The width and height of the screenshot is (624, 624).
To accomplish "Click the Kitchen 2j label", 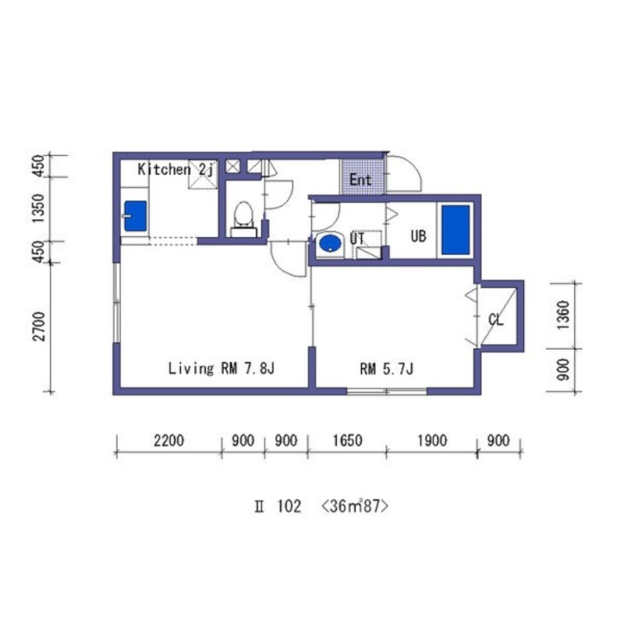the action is pyautogui.click(x=177, y=169).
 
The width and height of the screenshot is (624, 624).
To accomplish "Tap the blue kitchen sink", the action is pyautogui.click(x=135, y=216).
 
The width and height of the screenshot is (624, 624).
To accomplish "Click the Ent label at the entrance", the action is pyautogui.click(x=360, y=180).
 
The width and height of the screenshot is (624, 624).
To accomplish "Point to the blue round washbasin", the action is pyautogui.click(x=330, y=243).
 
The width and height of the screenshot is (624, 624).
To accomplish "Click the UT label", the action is pyautogui.click(x=357, y=239).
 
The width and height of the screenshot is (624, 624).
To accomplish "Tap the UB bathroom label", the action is pyautogui.click(x=418, y=236).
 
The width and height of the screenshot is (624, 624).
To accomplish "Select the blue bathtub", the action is pyautogui.click(x=456, y=229).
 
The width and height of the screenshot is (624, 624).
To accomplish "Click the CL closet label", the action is pyautogui.click(x=496, y=320).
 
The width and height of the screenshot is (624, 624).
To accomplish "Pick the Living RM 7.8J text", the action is pyautogui.click(x=222, y=368).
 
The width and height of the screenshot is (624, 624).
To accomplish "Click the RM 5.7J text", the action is pyautogui.click(x=386, y=369).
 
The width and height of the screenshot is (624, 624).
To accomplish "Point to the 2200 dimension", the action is pyautogui.click(x=169, y=441).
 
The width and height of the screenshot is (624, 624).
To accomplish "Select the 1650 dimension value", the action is pyautogui.click(x=347, y=441).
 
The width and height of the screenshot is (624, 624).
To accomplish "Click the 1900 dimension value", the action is pyautogui.click(x=432, y=441).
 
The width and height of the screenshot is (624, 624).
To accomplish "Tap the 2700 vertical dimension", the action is pyautogui.click(x=39, y=326).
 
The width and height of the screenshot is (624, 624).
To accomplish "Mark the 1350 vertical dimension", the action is pyautogui.click(x=39, y=208).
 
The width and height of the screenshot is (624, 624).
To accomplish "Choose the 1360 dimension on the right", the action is pyautogui.click(x=563, y=315).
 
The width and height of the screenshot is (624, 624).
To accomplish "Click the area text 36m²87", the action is pyautogui.click(x=354, y=506).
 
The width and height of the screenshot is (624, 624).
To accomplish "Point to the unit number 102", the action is pyautogui.click(x=289, y=506).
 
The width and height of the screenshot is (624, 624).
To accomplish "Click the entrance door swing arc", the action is pyautogui.click(x=414, y=169).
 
